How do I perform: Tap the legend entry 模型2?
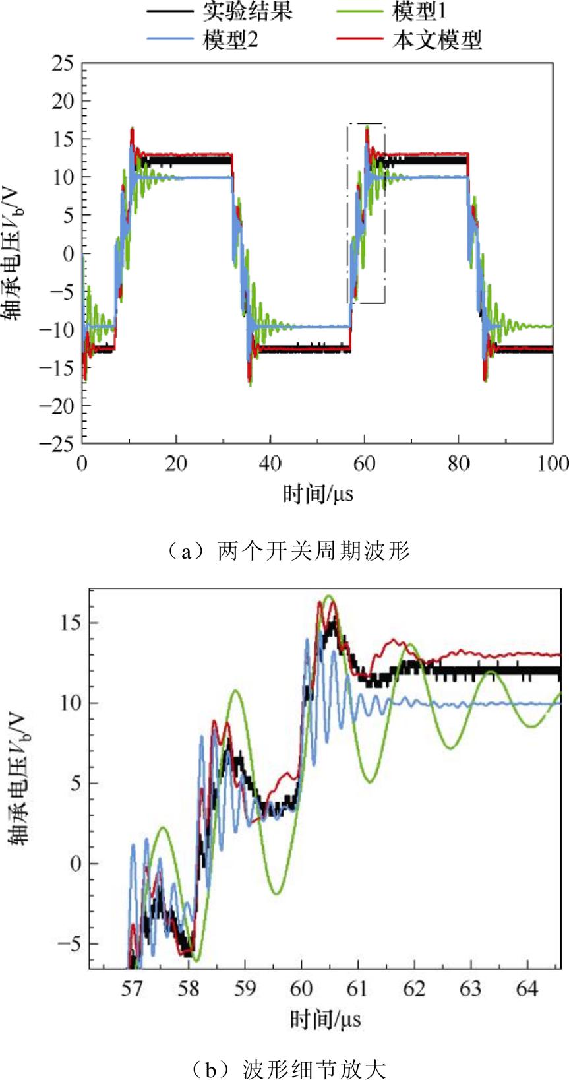pyautogui.click(x=231, y=40)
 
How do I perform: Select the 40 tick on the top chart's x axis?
pyautogui.click(x=270, y=464)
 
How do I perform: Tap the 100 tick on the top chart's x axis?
pyautogui.click(x=553, y=464)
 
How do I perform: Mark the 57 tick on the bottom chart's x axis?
pyautogui.click(x=132, y=988)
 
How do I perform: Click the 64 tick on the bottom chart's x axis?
pyautogui.click(x=527, y=988)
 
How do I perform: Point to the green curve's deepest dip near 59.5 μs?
pyautogui.click(x=276, y=894)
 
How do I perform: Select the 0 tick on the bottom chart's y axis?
pyautogui.click(x=76, y=864)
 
